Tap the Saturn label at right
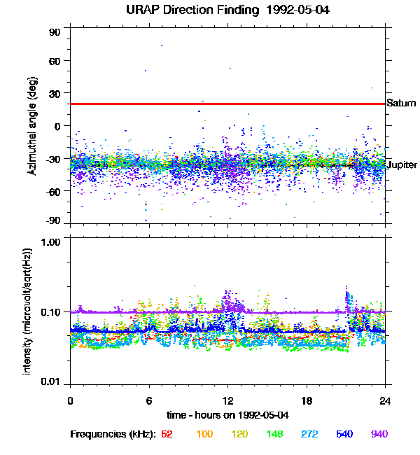pos(401,104)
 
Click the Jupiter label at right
pos(402,164)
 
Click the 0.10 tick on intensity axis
pos(51,311)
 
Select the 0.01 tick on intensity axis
pos(51,381)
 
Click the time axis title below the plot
pos(228,414)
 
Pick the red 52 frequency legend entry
pos(167,434)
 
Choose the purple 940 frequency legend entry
pos(379,434)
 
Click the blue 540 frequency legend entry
pos(344,434)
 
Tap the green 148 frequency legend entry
pos(275,434)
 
